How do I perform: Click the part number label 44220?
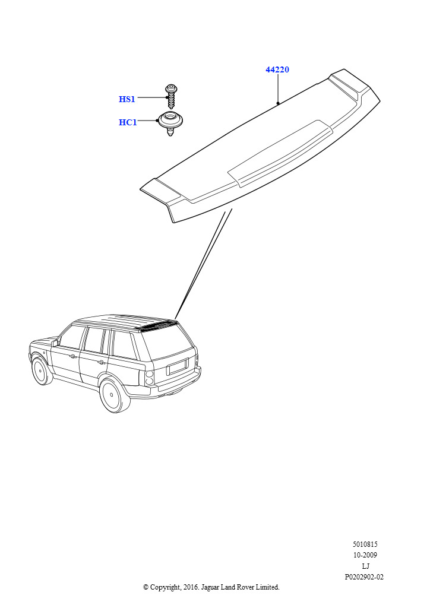tap(277, 70)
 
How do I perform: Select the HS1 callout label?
tap(127, 99)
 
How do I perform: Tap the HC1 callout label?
tap(128, 122)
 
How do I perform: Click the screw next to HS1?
tap(171, 96)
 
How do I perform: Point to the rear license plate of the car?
tap(178, 366)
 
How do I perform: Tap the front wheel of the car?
tap(41, 370)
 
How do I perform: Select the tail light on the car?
tap(149, 378)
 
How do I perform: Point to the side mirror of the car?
tap(55, 343)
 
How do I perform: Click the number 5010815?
tap(365, 544)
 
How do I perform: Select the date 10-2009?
tap(365, 555)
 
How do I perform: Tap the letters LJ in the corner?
tap(365, 566)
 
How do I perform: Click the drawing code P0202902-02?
tap(364, 577)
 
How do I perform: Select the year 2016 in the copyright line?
tap(190, 587)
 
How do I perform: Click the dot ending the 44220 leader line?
tap(278, 103)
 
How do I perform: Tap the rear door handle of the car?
tap(102, 363)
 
